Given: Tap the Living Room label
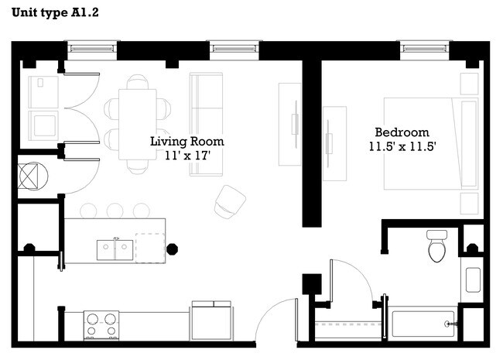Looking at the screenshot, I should pyautogui.click(x=186, y=142).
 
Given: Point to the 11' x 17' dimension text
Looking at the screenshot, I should pyautogui.click(x=186, y=156).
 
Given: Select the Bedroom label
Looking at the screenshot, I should pyautogui.click(x=402, y=132).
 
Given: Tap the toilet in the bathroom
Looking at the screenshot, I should pyautogui.click(x=436, y=247).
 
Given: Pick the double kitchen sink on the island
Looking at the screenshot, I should pyautogui.click(x=115, y=249).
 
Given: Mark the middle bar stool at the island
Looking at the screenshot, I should pyautogui.click(x=115, y=210).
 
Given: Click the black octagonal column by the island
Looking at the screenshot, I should pyautogui.click(x=173, y=249).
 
